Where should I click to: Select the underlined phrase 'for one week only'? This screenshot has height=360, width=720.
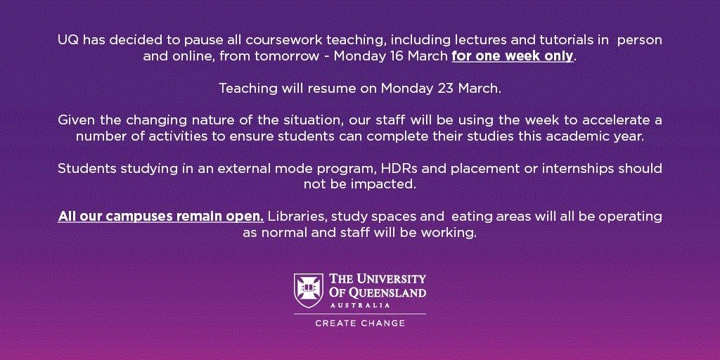coord(513,56)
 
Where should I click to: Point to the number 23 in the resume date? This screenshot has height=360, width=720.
coord(445,88)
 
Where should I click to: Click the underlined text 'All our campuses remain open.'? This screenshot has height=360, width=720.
coord(161,217)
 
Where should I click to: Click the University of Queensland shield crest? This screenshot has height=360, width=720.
coord(308,290)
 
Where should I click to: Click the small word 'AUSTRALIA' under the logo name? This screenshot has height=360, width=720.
coord(360,305)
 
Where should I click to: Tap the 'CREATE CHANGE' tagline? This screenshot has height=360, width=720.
coord(360,323)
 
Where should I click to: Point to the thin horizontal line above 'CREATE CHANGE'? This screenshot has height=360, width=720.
coord(360,314)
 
